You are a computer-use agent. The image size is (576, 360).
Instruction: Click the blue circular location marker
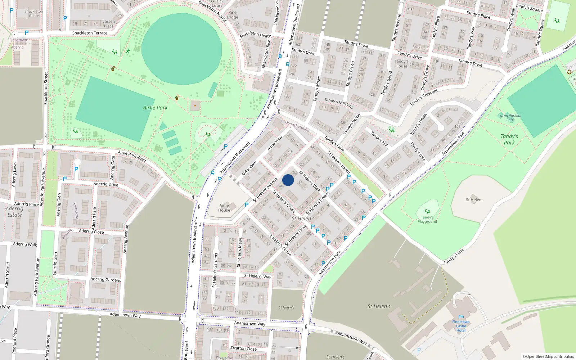pos(288,180)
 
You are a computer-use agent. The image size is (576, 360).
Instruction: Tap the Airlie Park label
pos(155,108)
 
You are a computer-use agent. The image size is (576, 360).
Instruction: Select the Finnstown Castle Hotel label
pos(461,326)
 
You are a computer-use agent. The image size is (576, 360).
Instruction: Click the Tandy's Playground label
pos(427,219)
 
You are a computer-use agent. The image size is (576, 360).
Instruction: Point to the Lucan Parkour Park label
pos(510,118)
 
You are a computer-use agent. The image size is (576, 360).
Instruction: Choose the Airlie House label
pos(224,208)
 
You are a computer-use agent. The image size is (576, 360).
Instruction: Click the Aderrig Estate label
pos(14,212)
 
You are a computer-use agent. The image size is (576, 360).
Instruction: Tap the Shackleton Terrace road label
pos(90,33)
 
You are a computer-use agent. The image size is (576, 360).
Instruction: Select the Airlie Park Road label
pos(132,156)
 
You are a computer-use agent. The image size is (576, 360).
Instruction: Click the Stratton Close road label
pos(243,348)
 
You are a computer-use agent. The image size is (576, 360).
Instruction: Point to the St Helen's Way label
pos(257,276)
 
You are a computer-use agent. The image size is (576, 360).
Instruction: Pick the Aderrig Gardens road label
pos(105,279)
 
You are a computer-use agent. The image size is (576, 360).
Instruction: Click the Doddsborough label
pos(297,126)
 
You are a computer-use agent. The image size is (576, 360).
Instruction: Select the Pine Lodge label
pos(233,15)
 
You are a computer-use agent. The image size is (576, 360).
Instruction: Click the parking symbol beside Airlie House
pos(247,205)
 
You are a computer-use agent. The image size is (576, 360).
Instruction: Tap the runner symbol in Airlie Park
pos(128,51)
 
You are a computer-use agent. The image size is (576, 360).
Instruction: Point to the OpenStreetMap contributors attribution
pos(548,356)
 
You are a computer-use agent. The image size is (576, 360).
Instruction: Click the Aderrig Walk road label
pos(25,244)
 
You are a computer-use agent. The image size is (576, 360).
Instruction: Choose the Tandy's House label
pos(401,64)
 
